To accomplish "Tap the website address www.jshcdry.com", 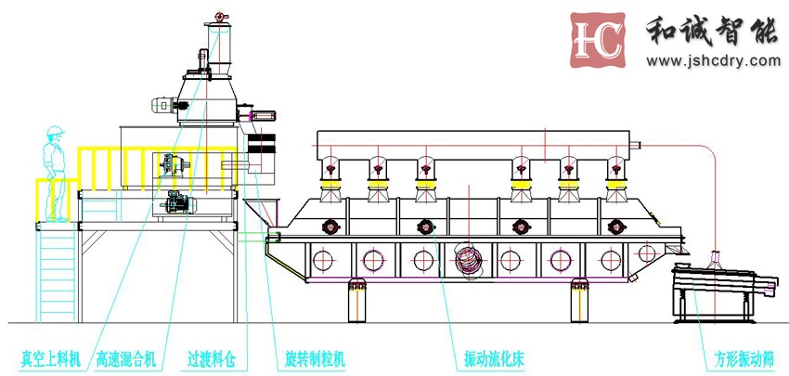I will click(713, 61).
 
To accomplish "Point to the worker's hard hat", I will click(57, 131).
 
